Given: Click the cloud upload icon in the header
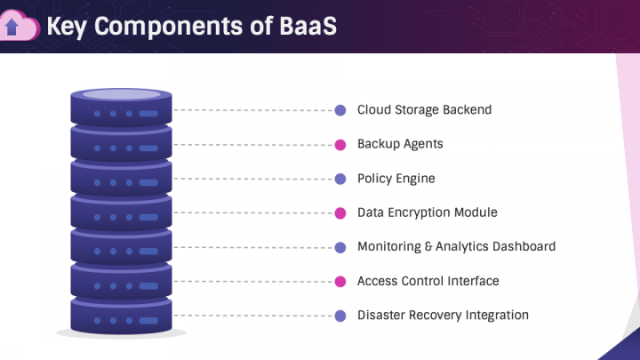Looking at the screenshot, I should point(20,27).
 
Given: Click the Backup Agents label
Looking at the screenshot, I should point(400,144).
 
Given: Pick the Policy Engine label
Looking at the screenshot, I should point(396,179).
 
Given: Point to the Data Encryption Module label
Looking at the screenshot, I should point(427,212).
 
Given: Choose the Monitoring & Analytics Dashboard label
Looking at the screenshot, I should point(456,246).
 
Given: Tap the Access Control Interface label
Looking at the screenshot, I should point(428,281).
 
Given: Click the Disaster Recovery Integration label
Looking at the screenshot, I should point(443,315).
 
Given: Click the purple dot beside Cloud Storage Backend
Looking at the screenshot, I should point(340,111).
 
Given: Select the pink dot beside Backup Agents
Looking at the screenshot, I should point(340,145).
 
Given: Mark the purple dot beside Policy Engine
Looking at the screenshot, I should point(340,179).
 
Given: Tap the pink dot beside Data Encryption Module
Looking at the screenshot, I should point(340,213).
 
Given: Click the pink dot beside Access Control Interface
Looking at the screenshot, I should point(340,282).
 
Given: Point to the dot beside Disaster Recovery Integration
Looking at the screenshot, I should point(340,316).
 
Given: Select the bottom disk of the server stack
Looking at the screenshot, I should point(122,316).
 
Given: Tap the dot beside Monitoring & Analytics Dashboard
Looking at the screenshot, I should point(340,247).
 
